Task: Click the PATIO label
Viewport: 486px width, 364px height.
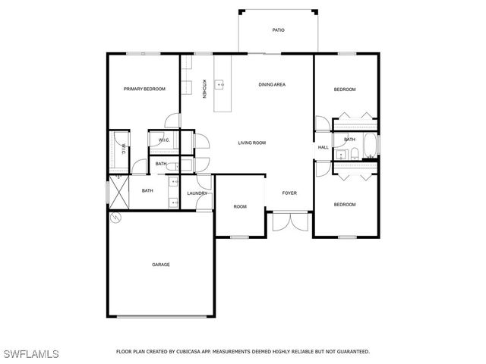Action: click(279, 30)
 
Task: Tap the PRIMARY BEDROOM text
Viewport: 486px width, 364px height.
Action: click(144, 89)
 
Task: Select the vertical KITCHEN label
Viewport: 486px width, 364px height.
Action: click(204, 89)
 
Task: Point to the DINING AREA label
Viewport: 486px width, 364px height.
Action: click(271, 84)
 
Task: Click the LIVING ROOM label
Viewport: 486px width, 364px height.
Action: click(251, 143)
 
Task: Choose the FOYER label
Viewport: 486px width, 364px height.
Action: click(289, 193)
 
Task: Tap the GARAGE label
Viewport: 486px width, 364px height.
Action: click(160, 265)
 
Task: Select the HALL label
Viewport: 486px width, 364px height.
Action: click(323, 147)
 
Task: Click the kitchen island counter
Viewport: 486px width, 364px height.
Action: click(222, 83)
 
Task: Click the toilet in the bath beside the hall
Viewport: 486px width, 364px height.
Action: click(355, 154)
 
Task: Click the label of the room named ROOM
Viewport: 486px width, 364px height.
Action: click(240, 206)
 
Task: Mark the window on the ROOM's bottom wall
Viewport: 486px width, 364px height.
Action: click(240, 237)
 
